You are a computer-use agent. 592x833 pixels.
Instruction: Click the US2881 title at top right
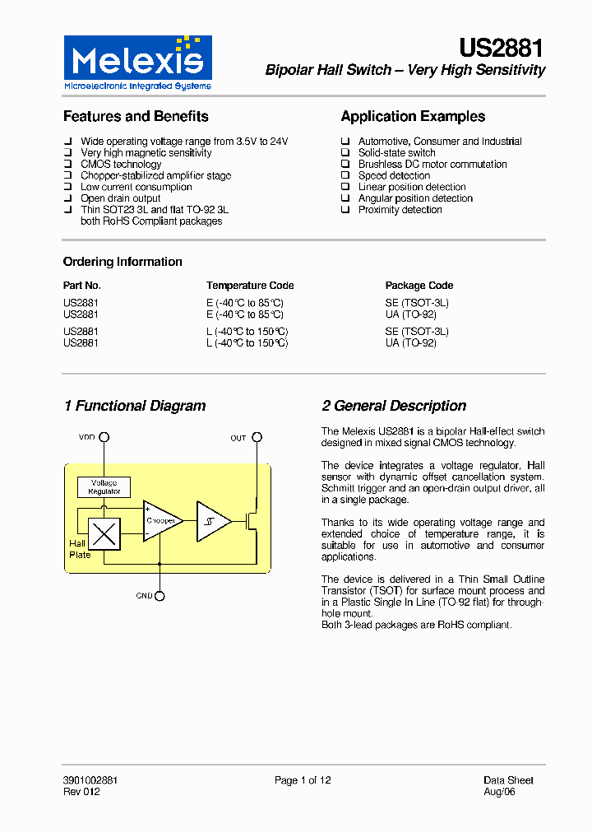pyautogui.click(x=502, y=49)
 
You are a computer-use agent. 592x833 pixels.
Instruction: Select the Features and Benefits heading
pyautogui.click(x=136, y=117)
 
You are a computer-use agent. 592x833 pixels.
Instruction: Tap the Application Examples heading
pyautogui.click(x=413, y=117)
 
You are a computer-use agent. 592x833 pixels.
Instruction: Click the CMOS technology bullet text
pyautogui.click(x=121, y=164)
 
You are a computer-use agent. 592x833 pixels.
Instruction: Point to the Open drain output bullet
pyautogui.click(x=120, y=198)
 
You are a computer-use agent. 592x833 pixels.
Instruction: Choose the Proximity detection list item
pyautogui.click(x=400, y=210)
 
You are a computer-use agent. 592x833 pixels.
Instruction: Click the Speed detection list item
pyautogui.click(x=394, y=175)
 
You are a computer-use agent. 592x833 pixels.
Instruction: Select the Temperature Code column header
pyautogui.click(x=250, y=286)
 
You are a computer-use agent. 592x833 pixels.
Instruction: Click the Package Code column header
pyautogui.click(x=419, y=286)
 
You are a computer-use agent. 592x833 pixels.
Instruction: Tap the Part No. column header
pyautogui.click(x=82, y=286)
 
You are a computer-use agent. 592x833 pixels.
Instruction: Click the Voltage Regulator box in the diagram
pyautogui.click(x=104, y=487)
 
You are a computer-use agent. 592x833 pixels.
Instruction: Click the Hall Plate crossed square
pyautogui.click(x=104, y=535)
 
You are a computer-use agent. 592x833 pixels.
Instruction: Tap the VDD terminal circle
pyautogui.click(x=104, y=438)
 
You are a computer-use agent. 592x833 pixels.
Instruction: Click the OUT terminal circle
pyautogui.click(x=257, y=438)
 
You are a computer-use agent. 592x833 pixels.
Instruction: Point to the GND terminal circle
pyautogui.click(x=160, y=596)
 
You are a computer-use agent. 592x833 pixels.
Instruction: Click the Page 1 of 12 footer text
pyautogui.click(x=303, y=780)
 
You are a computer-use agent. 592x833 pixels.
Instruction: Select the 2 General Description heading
pyautogui.click(x=394, y=406)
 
